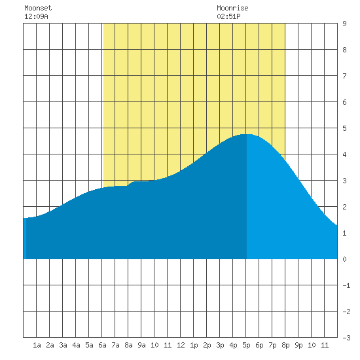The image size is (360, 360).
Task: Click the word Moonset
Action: (38, 8)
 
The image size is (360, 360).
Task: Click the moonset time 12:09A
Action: (36, 16)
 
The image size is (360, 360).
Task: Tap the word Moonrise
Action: (232, 8)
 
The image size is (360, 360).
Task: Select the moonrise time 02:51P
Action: (228, 16)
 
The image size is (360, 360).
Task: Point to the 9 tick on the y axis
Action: (344, 24)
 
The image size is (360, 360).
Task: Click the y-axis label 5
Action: (344, 128)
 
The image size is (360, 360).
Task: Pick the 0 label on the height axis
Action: (344, 259)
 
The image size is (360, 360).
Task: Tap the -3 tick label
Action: (346, 338)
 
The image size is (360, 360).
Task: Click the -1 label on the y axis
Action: (346, 285)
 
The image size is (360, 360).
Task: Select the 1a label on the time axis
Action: (37, 345)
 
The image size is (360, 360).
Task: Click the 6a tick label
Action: (102, 345)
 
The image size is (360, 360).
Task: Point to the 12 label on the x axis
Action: (181, 345)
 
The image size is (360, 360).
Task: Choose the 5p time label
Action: (246, 345)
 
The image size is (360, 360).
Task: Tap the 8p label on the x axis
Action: (285, 345)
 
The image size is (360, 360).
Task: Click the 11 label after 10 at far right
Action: (325, 345)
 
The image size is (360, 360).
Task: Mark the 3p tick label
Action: (220, 345)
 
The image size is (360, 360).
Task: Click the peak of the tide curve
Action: (246, 134)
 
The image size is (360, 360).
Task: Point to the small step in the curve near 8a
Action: (130, 184)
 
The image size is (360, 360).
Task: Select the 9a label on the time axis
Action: (141, 345)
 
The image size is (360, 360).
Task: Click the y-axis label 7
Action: (344, 76)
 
